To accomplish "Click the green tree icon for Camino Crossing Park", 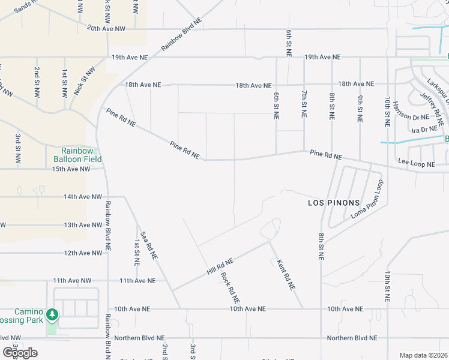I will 52,314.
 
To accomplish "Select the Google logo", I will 20,353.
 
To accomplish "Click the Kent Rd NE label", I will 286,275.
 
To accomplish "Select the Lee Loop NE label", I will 416,163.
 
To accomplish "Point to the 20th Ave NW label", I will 106,28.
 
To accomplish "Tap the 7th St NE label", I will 304,104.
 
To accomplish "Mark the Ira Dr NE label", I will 423,130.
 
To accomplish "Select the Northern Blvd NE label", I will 352,338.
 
